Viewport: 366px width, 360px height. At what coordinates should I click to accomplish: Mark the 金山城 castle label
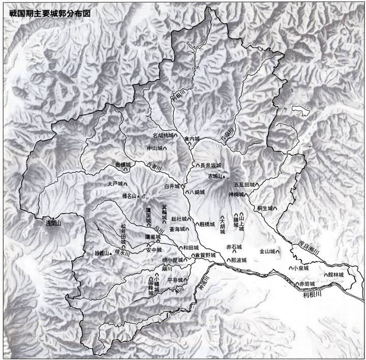(x=267, y=251)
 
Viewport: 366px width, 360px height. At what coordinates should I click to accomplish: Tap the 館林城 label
(x=336, y=275)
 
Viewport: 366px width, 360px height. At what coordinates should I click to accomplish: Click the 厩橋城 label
(x=208, y=223)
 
